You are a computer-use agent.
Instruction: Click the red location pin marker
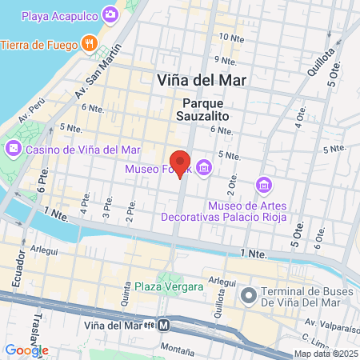point(180,163)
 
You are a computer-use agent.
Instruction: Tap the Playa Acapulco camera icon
point(110,14)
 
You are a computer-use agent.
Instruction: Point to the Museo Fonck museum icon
point(204,168)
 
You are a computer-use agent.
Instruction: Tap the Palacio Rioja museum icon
point(262,186)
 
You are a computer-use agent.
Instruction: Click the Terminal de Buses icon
point(250,296)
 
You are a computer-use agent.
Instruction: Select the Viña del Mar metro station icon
point(163,326)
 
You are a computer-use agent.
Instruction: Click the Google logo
point(26,350)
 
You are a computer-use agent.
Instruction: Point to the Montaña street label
point(177,350)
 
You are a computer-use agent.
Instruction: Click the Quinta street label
point(126,298)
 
